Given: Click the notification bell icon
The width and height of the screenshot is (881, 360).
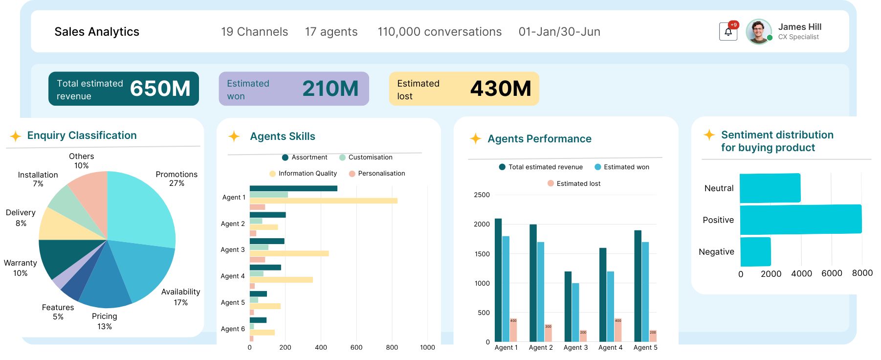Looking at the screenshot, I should (728, 32).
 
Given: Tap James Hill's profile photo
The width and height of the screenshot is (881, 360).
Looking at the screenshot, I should (758, 32).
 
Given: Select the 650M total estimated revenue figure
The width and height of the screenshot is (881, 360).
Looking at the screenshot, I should (160, 89).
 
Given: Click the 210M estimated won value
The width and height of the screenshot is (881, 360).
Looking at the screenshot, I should (330, 89).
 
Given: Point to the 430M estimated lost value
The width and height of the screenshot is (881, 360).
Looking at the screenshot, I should (500, 89).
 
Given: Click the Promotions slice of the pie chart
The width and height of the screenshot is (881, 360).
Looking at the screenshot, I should (142, 205).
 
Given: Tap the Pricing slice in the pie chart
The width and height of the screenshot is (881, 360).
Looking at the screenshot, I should (105, 289).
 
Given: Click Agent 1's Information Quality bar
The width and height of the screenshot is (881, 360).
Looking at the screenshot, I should (323, 201).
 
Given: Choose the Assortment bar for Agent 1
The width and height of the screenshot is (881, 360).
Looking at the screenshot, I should (293, 188).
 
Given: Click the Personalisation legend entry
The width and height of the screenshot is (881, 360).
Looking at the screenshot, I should (377, 174).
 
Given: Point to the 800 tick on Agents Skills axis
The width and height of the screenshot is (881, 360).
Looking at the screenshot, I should (392, 347).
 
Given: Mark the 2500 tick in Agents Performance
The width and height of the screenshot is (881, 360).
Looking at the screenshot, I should (482, 195).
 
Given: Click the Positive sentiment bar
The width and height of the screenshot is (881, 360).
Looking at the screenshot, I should (801, 220).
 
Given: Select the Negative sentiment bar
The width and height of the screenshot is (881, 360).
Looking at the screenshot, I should (755, 251).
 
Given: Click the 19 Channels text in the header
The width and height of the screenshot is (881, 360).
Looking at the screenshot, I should (254, 32).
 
